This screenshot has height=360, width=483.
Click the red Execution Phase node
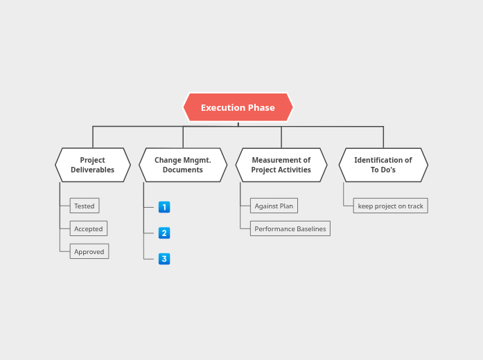[x=238, y=107]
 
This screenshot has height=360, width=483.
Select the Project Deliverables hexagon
[x=93, y=165]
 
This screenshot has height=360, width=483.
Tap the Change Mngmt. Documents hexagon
[x=183, y=165]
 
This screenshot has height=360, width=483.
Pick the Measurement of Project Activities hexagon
[x=281, y=165]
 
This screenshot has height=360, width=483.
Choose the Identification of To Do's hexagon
[x=383, y=165]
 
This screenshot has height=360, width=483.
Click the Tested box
[x=85, y=206]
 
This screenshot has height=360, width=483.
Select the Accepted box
[x=89, y=228]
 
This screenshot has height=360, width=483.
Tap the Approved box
[x=89, y=251]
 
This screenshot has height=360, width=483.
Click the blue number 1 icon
[x=164, y=207]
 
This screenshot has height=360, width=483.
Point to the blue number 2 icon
[x=164, y=233]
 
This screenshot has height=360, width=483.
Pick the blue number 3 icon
[x=164, y=259]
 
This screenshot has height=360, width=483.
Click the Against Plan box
[x=274, y=206]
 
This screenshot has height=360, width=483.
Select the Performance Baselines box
[x=290, y=228]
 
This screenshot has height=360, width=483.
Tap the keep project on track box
[x=390, y=206]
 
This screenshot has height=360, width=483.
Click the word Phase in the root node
[x=261, y=107]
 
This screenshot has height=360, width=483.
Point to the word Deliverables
[x=93, y=170]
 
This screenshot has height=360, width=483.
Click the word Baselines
[x=310, y=228]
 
